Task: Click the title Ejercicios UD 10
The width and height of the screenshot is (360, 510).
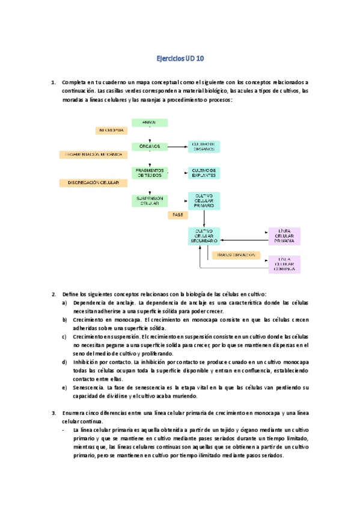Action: click(180, 59)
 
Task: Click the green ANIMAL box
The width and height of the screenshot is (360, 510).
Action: click(149, 123)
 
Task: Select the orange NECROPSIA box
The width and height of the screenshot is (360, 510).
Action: click(110, 130)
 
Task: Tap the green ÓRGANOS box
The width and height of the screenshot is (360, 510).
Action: click(149, 146)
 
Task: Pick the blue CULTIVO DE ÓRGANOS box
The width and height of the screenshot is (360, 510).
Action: click(204, 146)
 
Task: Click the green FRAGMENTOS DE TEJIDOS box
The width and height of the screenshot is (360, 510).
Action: click(149, 173)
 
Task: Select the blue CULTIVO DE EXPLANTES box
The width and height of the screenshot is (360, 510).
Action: click(204, 173)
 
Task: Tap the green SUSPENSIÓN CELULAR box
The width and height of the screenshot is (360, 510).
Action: click(149, 201)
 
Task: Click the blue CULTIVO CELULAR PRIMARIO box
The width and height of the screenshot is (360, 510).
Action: click(204, 201)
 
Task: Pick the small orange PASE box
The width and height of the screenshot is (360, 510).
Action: click(177, 214)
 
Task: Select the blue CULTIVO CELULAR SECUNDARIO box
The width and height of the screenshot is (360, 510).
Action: click(204, 236)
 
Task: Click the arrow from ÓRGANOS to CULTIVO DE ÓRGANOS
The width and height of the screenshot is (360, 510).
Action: click(177, 146)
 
